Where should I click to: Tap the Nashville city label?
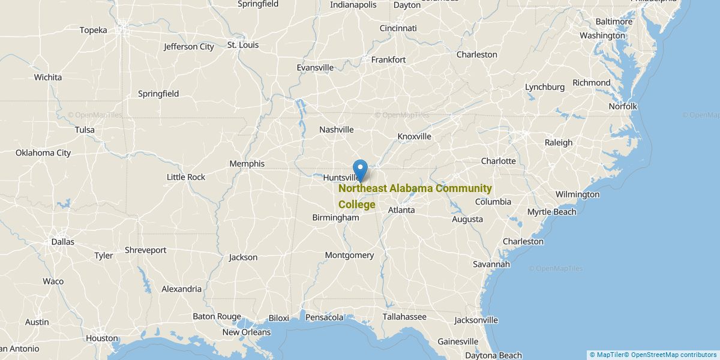(336, 130)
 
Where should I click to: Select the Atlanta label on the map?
(401, 210)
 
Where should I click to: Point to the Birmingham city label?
(335, 218)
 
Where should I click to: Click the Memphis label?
(247, 164)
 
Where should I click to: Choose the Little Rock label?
(186, 177)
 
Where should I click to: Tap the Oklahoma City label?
(43, 152)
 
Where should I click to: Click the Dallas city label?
(62, 242)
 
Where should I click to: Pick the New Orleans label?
(247, 332)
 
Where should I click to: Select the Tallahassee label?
(404, 317)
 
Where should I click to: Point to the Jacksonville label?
(476, 320)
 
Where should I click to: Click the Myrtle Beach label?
(551, 212)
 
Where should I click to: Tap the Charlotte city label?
(498, 161)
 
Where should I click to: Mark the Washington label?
(602, 35)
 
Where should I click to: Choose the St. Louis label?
(243, 44)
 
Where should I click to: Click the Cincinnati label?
(398, 28)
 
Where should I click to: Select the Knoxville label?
(414, 137)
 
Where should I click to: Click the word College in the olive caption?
(357, 205)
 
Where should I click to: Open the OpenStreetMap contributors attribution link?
(674, 355)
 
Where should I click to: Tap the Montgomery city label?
(349, 255)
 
